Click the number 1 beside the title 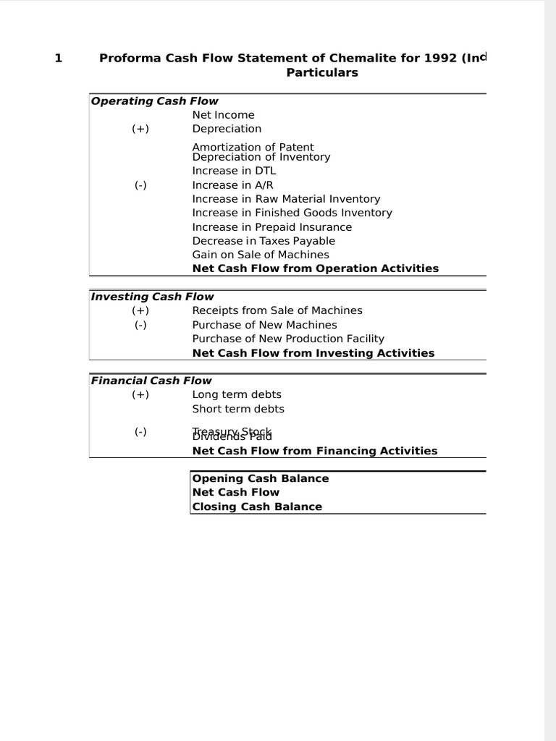58,59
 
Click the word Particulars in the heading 321,73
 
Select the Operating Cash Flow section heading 154,101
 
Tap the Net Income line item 223,115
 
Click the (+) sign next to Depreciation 140,129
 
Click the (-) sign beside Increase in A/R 140,185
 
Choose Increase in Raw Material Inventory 286,199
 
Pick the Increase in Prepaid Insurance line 271,227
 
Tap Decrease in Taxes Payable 264,241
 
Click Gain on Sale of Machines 261,255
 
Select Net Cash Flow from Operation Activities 315,268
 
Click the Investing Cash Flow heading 152,297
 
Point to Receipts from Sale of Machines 277,310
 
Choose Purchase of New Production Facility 288,339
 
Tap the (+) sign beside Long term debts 140,394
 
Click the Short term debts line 238,409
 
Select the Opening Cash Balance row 260,478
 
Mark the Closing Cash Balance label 257,507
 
